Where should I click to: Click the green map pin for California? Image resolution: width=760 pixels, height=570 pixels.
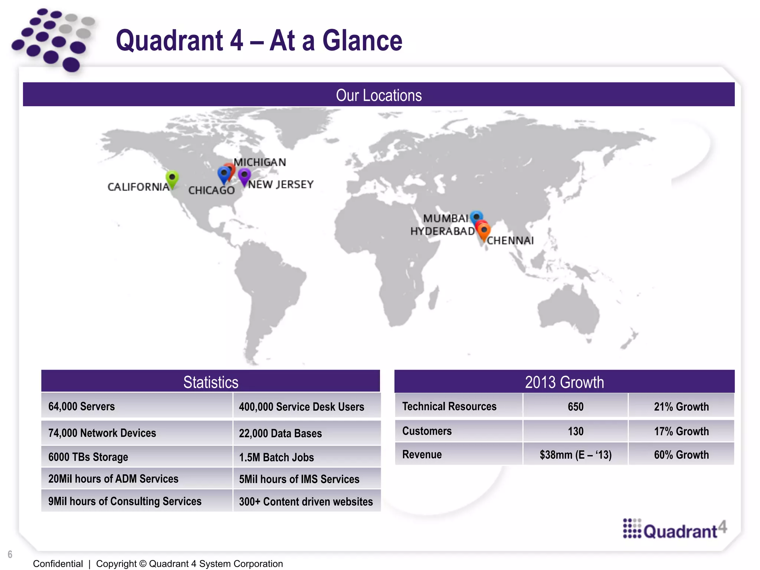(172, 178)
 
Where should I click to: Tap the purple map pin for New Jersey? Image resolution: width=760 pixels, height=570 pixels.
(244, 176)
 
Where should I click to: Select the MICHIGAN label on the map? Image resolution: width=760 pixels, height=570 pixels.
(260, 162)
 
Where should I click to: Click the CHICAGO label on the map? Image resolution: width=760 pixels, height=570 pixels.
(212, 190)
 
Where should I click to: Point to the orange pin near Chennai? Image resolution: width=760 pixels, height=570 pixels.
(484, 231)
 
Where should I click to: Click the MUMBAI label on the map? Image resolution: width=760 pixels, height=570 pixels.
(445, 218)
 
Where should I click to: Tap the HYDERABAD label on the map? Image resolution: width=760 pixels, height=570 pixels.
(442, 231)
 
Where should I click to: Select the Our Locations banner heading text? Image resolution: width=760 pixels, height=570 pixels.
(379, 95)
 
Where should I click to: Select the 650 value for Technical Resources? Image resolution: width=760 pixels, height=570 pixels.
(575, 406)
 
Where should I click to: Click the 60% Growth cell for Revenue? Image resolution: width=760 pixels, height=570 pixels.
(681, 455)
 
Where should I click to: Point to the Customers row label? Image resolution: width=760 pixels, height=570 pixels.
(427, 431)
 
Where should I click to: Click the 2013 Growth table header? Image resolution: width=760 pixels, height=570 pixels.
(564, 382)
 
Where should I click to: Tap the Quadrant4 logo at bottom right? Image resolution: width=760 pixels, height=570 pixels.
(674, 530)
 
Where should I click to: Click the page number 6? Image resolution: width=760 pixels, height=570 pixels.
(10, 554)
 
